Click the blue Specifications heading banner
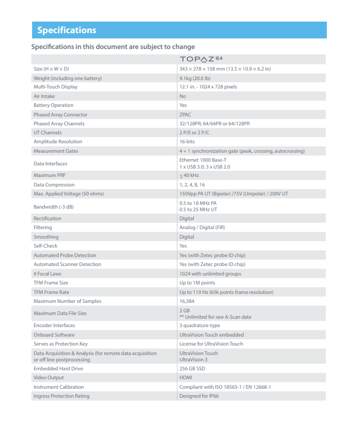pyautogui.click(x=179, y=30)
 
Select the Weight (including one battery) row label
pyautogui.click(x=67, y=78)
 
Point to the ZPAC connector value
pyautogui.click(x=185, y=115)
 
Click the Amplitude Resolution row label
pyautogui.click(x=58, y=142)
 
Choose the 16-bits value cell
pyautogui.click(x=187, y=142)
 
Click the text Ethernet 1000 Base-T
pyautogui.click(x=203, y=160)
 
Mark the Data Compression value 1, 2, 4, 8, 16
pyautogui.click(x=192, y=185)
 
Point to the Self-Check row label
pyautogui.click(x=45, y=246)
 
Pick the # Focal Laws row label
pyautogui.click(x=47, y=274)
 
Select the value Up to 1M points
pyautogui.click(x=197, y=283)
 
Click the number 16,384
pyautogui.click(x=187, y=301)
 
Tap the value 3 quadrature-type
pyautogui.click(x=199, y=326)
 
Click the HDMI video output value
pyautogui.click(x=186, y=378)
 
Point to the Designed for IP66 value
pyautogui.click(x=199, y=396)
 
